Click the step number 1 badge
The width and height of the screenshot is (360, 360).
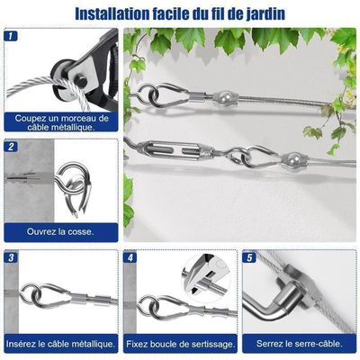[x=11, y=36]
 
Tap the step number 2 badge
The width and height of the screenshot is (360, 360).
[x=11, y=147]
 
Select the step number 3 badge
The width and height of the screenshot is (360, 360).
[x=11, y=257]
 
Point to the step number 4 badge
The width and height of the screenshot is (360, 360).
[x=130, y=257]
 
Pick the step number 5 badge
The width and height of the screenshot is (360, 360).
[x=250, y=257]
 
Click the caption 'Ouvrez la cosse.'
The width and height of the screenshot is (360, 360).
[x=60, y=231]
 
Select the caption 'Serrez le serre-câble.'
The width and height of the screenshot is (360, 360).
[x=299, y=344]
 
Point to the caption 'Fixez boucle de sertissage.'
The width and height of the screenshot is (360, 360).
[x=180, y=344]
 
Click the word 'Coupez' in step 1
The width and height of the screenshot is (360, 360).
[x=29, y=119]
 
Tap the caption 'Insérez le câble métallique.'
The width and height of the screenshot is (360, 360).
[x=60, y=344]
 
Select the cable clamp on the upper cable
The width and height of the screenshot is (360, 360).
[x=225, y=97]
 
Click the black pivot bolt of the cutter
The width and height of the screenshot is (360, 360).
[x=82, y=81]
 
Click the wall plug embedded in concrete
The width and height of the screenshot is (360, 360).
[x=22, y=178]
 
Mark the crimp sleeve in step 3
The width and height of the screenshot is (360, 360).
[x=79, y=299]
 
